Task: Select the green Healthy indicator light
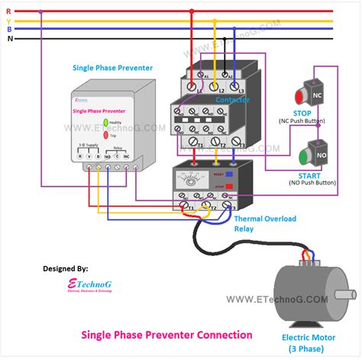106,122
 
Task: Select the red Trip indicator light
106,135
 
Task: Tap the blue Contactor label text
232,100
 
